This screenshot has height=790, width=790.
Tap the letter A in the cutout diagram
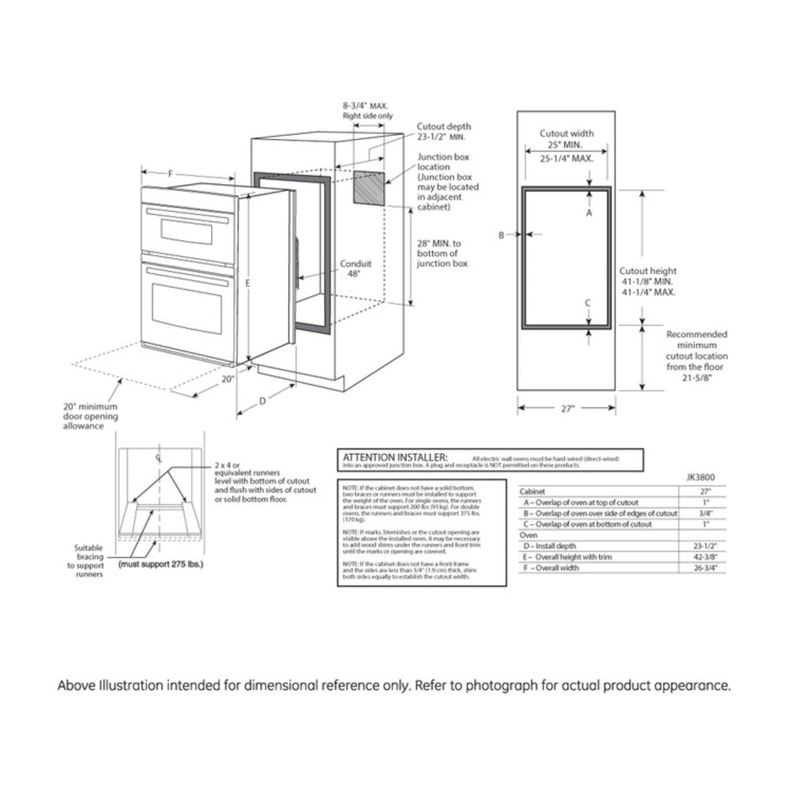click(589, 213)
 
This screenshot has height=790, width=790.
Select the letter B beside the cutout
click(501, 235)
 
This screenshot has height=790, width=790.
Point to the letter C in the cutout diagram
click(589, 303)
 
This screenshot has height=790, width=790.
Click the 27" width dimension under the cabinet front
click(566, 408)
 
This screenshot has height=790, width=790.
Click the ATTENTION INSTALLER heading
click(394, 457)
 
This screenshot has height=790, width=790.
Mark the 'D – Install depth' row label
click(553, 546)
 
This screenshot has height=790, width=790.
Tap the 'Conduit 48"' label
click(355, 269)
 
